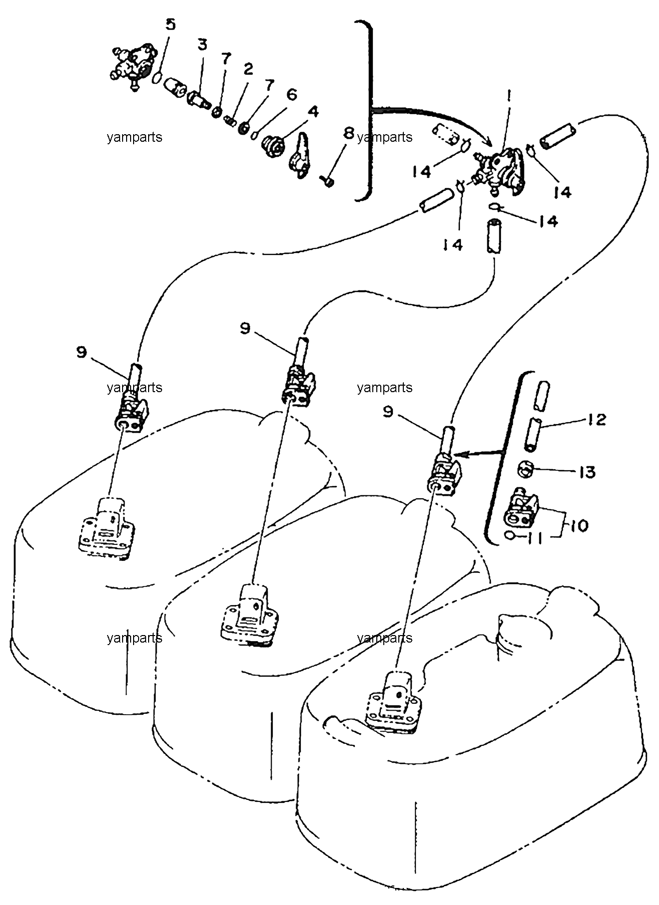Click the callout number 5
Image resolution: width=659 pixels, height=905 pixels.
171,25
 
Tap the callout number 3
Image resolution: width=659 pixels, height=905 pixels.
202,45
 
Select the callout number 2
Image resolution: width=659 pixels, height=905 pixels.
248,70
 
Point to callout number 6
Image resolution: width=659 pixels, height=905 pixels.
292,94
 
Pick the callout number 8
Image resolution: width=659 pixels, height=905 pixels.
349,134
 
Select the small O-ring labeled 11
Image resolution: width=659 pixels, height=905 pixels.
509,535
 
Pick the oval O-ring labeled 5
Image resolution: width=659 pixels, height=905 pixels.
157,79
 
